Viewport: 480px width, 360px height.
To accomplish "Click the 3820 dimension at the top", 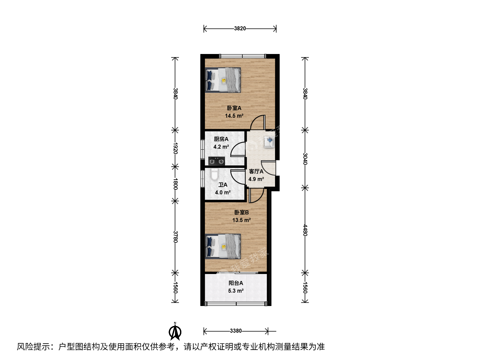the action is tap(240, 28).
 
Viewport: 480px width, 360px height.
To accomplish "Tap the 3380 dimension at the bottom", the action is tap(236, 331).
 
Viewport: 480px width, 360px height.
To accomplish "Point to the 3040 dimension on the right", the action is tap(305, 159).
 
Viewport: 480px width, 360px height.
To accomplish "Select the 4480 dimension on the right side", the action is tap(305, 230).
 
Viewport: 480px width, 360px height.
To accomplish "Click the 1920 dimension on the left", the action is tap(175, 148).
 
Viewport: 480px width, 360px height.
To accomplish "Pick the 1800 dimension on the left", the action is tap(175, 184).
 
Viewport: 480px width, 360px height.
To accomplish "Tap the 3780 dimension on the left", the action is tap(175, 237).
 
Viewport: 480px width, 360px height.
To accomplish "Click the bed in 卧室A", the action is tap(223, 80).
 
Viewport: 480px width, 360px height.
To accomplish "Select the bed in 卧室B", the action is tap(223, 246).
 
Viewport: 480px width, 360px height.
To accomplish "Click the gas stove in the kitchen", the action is tap(216, 161).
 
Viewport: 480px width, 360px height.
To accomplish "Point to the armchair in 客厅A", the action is tap(269, 142).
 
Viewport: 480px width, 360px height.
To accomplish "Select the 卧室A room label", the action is tap(234, 108).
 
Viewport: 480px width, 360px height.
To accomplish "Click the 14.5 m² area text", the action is tap(234, 116).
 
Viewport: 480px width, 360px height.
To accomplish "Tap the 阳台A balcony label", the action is tap(236, 283).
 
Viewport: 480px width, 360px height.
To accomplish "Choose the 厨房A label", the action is tap(221, 139).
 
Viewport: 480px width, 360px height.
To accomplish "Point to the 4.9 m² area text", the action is tap(256, 179).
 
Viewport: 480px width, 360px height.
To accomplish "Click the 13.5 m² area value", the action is tap(241, 220).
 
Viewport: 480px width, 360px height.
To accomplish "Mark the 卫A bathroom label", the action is tap(223, 185).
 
